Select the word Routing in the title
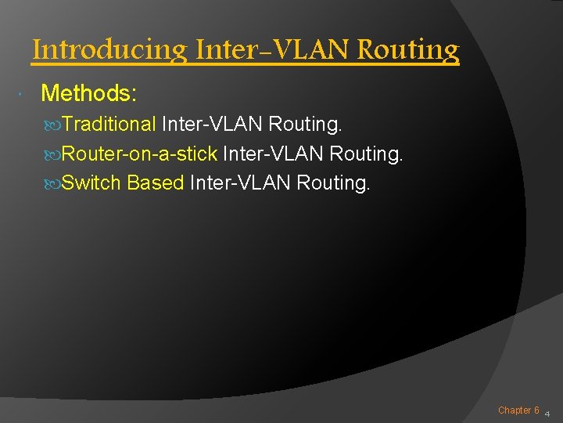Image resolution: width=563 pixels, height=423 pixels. (408, 51)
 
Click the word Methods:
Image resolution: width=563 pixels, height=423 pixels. (89, 94)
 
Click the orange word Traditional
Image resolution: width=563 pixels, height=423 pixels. (109, 124)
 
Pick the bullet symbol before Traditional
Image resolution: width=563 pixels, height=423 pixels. (54, 125)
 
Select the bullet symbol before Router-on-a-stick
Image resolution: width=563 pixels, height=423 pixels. (54, 154)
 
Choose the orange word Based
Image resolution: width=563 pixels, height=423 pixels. (155, 183)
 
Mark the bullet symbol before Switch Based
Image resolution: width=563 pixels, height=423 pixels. (54, 184)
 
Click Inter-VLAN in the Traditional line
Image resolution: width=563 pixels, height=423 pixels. (211, 124)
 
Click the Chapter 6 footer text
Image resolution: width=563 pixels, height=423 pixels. (518, 410)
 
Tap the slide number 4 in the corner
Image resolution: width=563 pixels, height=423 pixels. (547, 413)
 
